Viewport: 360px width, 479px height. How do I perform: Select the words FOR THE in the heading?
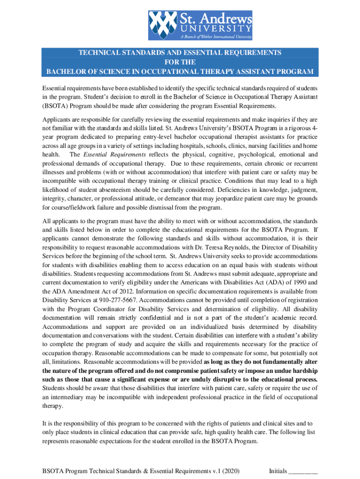[x=180, y=62]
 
